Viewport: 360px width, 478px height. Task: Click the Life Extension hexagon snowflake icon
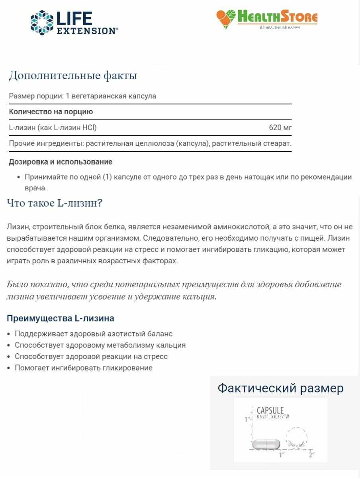42,23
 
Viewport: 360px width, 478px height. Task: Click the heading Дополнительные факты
73,75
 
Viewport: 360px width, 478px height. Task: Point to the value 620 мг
280,128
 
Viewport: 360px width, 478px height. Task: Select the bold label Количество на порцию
51,112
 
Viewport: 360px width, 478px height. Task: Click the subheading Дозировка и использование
61,162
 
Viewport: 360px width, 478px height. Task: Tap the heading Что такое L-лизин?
55,203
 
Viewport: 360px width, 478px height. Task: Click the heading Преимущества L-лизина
61,318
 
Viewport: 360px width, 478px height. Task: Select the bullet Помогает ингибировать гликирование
84,368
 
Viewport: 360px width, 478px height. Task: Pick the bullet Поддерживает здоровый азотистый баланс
94,334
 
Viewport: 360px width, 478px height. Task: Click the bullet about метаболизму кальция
100,345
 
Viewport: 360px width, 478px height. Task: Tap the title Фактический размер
280,388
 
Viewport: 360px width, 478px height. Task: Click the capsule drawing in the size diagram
266,444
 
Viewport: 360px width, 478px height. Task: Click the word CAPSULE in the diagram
270,411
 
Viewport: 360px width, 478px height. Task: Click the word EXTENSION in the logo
87,31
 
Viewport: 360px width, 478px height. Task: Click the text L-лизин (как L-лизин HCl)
53,128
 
